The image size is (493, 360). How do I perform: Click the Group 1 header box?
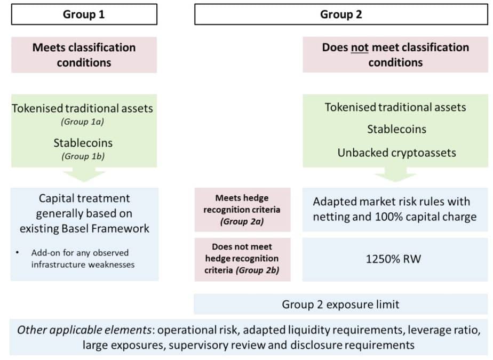point(84,14)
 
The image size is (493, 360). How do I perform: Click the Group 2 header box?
point(341,14)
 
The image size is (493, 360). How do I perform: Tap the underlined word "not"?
point(360,47)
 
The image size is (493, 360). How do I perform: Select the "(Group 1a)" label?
point(82,122)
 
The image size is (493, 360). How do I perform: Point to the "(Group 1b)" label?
point(83,156)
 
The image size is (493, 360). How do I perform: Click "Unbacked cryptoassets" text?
point(396,153)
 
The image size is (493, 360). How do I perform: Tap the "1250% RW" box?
point(395,259)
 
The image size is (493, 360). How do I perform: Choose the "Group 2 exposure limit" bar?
point(341,304)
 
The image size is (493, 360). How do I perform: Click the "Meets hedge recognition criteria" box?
point(242,210)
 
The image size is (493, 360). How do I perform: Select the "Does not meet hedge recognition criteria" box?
point(242,259)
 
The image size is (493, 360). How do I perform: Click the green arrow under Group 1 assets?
point(84,174)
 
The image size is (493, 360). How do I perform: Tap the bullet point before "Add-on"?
point(17,252)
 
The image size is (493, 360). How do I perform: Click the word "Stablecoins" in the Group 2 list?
point(397,129)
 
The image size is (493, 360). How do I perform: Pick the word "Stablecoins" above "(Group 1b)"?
point(83,143)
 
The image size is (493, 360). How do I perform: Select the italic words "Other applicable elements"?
point(84,330)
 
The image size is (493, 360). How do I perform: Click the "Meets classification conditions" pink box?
point(84,55)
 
